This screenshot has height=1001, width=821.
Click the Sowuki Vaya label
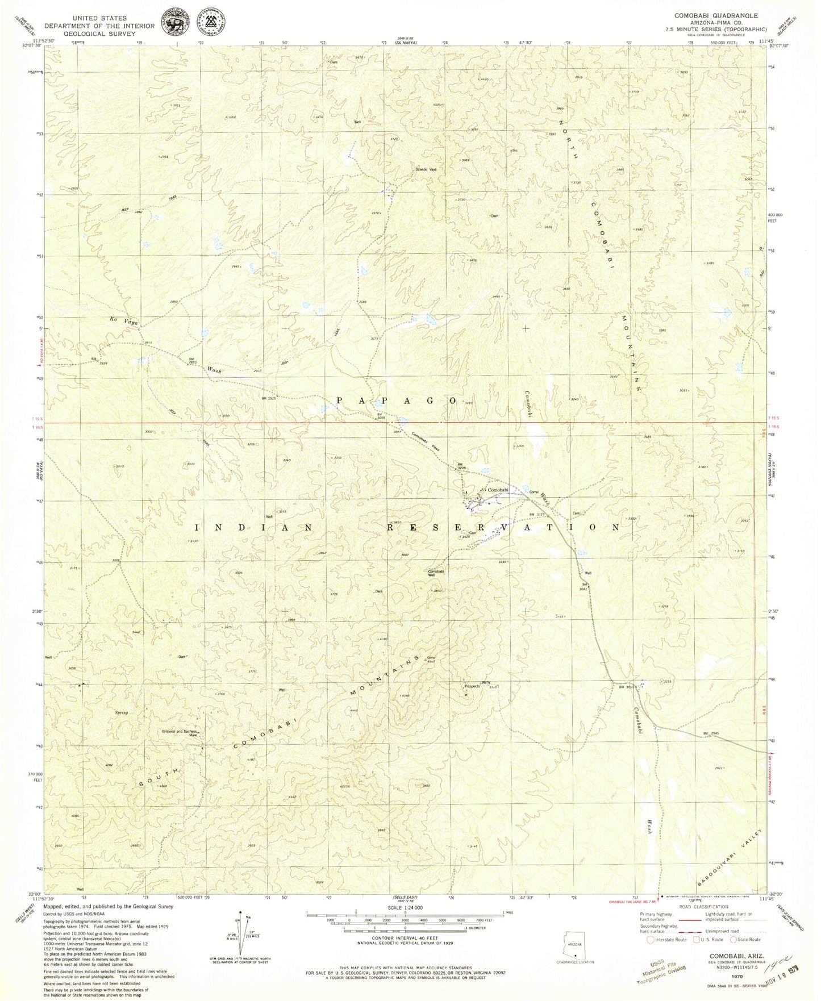[x=426, y=169]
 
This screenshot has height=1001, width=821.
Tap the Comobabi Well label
[x=436, y=573]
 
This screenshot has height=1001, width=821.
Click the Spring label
[x=121, y=712]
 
